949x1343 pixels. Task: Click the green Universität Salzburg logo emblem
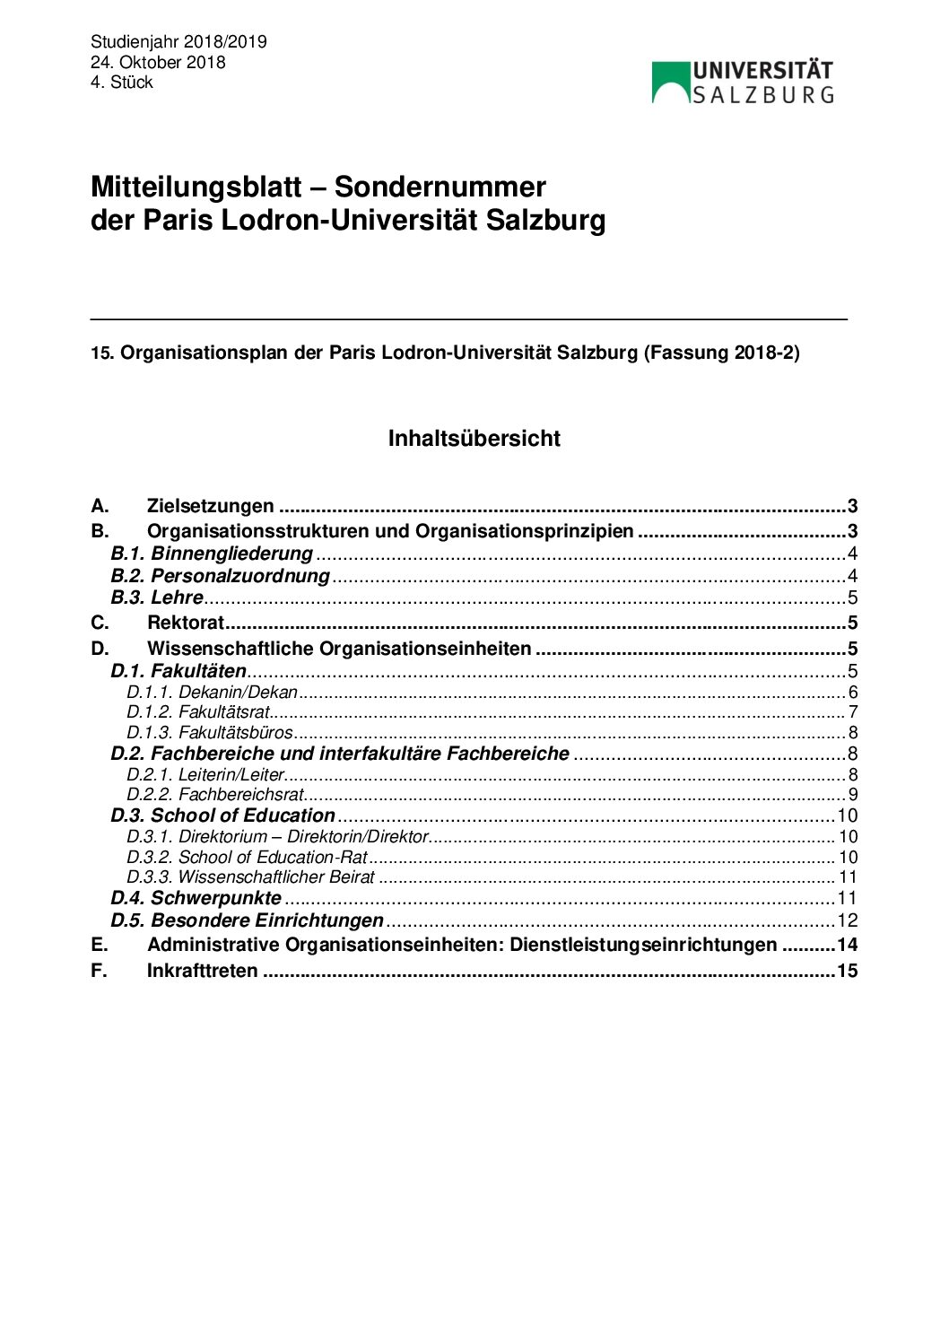pos(671,83)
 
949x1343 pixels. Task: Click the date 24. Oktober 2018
pos(158,62)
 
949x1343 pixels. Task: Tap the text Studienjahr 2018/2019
pos(178,42)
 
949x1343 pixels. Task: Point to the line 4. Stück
pos(121,82)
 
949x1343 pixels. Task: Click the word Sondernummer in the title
pos(440,187)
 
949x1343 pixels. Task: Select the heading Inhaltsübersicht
pos(474,438)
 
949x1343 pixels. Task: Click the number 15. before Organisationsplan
pos(102,353)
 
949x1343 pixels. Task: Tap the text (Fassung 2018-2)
pos(720,352)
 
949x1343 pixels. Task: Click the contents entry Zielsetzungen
pos(210,506)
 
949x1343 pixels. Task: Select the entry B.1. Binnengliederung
pos(212,554)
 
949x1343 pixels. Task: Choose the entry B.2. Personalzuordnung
pos(221,576)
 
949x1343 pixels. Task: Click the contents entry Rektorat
pos(185,623)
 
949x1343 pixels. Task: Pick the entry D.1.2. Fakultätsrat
pos(198,712)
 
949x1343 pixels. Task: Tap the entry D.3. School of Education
pos(222,815)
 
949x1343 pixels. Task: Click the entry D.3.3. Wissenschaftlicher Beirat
pos(250,877)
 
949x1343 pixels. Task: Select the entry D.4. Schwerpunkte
pos(196,898)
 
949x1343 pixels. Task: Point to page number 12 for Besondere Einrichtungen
pos(847,920)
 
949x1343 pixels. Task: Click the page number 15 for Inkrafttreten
pos(847,971)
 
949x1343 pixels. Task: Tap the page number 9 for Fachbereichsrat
pos(853,794)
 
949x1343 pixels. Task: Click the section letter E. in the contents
pos(99,945)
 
